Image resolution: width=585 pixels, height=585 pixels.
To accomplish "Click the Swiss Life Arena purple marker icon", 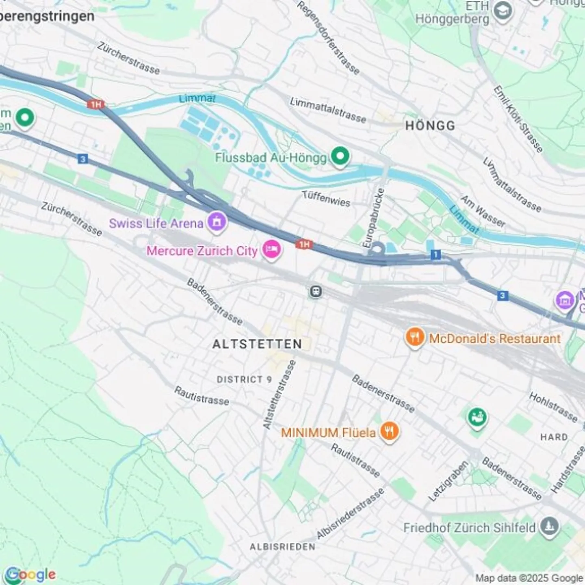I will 217,222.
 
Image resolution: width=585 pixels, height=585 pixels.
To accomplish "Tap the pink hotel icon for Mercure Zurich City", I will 271,249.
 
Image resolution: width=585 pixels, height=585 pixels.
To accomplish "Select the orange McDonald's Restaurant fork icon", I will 414,337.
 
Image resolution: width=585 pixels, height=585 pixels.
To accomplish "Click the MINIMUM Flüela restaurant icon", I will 389,431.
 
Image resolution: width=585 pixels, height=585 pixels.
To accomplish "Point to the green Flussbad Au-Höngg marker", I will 340,156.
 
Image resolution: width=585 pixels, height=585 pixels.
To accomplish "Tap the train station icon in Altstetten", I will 315,291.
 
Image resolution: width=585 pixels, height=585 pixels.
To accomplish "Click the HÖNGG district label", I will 430,126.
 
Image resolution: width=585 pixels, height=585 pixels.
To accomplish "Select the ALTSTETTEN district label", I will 257,344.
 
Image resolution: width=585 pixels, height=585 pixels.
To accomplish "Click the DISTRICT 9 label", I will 244,379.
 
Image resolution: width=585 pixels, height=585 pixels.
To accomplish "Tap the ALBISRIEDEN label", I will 282,547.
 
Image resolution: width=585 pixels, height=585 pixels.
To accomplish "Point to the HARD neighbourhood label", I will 554,437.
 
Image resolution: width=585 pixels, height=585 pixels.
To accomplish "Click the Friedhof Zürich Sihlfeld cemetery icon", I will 550,527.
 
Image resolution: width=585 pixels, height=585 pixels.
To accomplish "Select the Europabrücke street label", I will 373,218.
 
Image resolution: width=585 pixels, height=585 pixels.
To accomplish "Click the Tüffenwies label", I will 326,199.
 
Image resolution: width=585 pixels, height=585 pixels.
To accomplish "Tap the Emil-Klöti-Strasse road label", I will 518,119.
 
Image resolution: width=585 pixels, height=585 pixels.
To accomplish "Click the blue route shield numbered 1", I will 435,255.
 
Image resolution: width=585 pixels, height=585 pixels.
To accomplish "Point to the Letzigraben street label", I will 448,481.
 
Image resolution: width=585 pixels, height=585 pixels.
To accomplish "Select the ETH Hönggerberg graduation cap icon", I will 503,13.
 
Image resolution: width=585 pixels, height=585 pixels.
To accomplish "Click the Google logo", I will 31,574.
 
